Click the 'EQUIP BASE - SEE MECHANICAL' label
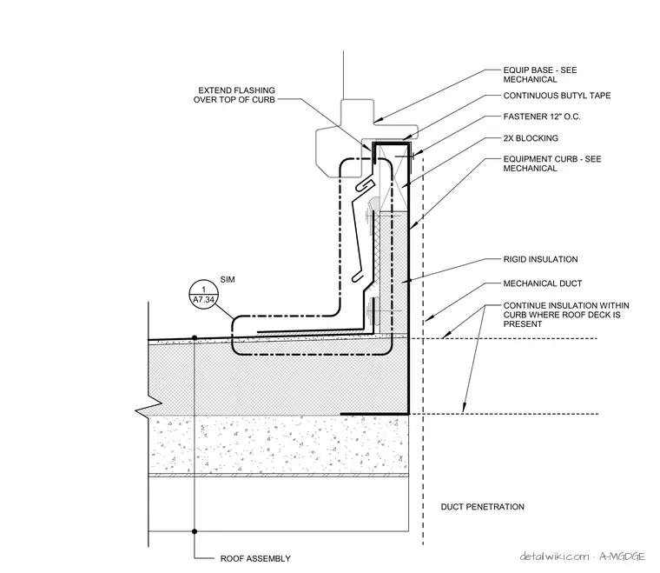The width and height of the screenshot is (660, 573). pos(540,75)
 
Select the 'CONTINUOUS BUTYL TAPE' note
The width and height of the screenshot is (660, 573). pos(557,96)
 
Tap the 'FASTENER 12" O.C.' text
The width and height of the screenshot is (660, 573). pos(542,117)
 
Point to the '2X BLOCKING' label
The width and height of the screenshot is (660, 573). pos(531,138)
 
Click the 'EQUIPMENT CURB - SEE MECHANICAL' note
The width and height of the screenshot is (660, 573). pos(552,163)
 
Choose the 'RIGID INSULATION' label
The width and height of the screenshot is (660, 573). pos(540,259)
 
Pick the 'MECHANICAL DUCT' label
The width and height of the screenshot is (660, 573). pos(543,283)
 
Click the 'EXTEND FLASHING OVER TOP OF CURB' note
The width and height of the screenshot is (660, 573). pos(234,95)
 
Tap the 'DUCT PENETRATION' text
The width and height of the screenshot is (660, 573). pos(482,507)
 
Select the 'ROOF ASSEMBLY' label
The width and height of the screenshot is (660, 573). pos(255,559)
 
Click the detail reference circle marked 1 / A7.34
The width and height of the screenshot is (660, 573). pos(204,294)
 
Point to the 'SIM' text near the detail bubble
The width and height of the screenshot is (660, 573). pos(228,279)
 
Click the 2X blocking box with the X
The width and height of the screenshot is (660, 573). pos(393,177)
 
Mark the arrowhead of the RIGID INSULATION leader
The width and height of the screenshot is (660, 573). pos(405,281)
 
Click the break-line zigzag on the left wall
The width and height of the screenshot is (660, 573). pos(148,407)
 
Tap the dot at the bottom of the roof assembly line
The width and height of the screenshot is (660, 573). pos(195,531)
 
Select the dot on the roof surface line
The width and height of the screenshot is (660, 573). pos(195,338)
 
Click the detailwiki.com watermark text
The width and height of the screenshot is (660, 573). pos(554,556)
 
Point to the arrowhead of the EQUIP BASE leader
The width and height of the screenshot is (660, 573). pos(376,121)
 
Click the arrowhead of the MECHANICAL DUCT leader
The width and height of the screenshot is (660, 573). pos(427,319)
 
